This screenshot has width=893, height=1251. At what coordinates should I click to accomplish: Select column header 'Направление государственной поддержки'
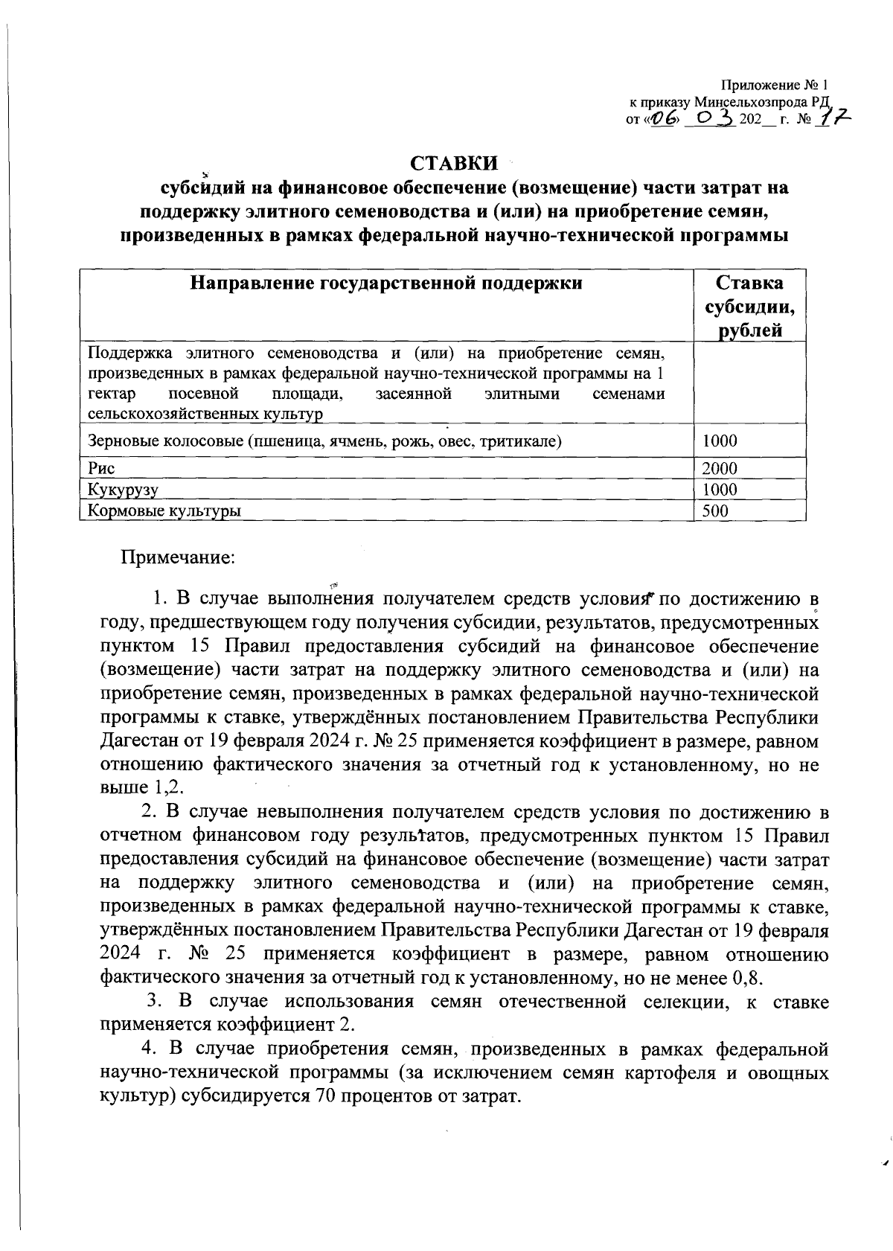point(385,283)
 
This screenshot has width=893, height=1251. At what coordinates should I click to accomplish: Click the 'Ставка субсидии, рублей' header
point(749,306)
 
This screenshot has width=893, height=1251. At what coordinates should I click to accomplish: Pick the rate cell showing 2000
point(720,468)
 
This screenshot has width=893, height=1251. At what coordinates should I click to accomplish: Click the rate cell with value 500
point(715,511)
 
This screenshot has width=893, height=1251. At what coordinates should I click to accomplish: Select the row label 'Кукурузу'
point(123,490)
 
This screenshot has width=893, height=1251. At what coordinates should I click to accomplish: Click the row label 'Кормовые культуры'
point(164,511)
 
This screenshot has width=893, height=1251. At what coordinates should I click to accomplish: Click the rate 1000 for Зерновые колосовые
point(720,441)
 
